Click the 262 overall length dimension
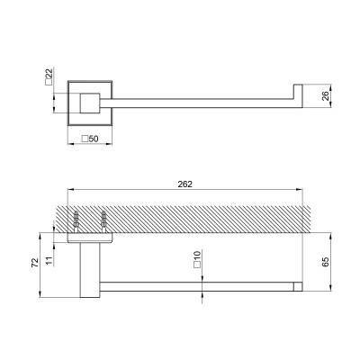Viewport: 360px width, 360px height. point(185,184)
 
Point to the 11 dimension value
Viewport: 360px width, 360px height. point(54,257)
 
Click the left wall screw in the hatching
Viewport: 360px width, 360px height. point(77,219)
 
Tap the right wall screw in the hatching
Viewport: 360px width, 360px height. point(104,219)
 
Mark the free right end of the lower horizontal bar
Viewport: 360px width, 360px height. point(296,286)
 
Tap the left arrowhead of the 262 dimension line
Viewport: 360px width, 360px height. point(72,192)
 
